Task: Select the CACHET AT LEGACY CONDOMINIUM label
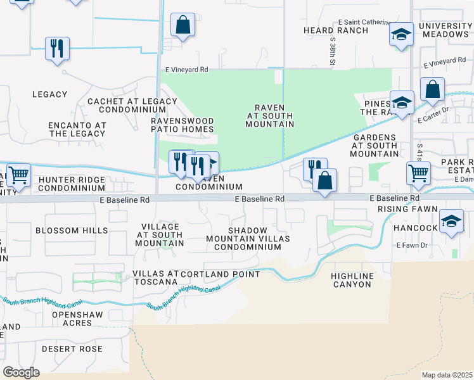132,106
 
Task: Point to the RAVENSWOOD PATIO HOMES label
182,125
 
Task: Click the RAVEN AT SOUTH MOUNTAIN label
270,116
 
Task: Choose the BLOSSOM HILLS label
72,231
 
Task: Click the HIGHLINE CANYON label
352,280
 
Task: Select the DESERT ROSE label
72,349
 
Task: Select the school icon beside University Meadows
400,35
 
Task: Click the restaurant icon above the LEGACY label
57,48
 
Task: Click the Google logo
21,372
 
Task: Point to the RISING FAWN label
407,208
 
